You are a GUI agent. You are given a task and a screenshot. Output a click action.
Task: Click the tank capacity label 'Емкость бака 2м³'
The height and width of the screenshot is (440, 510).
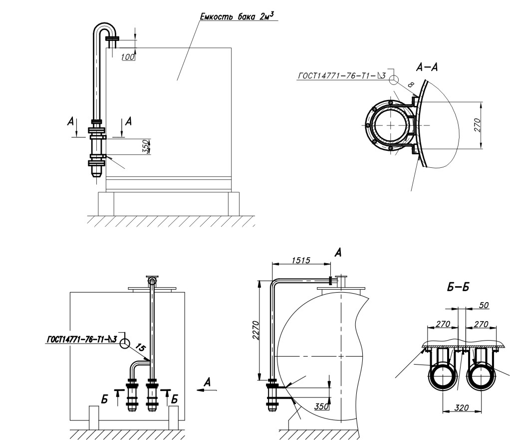coord(239,16)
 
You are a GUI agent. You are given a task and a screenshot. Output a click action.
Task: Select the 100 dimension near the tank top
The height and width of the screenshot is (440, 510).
coord(128,57)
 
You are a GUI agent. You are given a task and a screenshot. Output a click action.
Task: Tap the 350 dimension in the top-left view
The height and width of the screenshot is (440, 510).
coord(146,146)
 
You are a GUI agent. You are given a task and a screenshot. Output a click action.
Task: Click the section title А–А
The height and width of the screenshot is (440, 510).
coord(427,67)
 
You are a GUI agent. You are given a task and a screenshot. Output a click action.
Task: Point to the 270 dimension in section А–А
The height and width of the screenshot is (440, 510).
coord(477,125)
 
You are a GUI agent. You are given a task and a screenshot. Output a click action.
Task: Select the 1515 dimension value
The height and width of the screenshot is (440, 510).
coord(301,260)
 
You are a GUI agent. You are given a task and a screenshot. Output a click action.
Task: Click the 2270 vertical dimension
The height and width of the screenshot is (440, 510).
coord(255,330)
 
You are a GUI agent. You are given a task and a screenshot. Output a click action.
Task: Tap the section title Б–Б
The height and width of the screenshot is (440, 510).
coord(458,287)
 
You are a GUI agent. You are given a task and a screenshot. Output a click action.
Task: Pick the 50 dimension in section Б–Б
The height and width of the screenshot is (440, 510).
coord(484,305)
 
